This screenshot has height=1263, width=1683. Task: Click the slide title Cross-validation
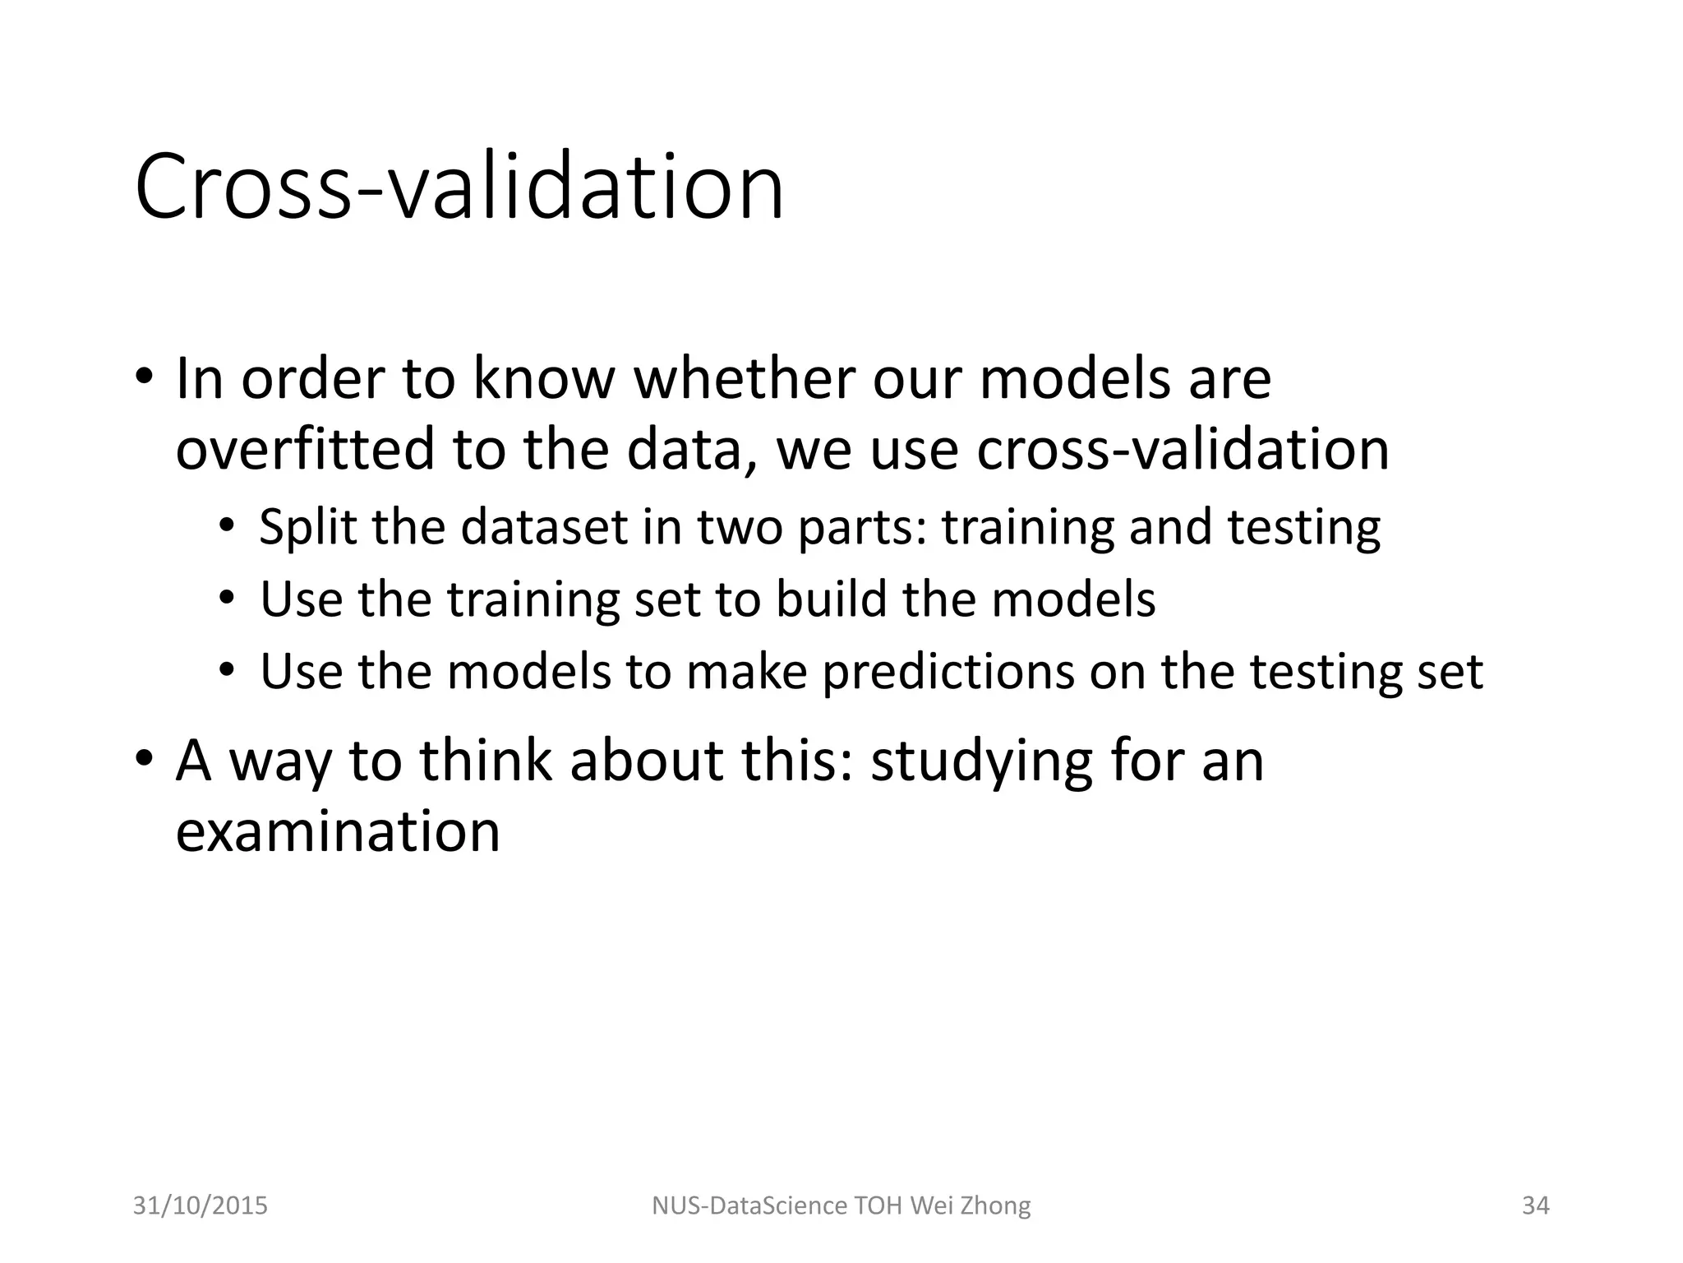459,187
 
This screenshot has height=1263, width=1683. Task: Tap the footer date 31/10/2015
200,1205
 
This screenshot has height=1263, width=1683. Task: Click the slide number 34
1535,1205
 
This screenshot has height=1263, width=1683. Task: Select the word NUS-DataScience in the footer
749,1205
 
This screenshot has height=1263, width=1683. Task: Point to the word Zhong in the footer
994,1205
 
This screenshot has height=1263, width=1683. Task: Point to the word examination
338,830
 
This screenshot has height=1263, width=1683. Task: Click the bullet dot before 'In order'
144,377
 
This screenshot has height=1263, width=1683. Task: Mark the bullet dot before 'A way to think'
144,758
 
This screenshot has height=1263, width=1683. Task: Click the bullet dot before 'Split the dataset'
227,525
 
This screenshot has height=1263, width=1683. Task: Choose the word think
486,761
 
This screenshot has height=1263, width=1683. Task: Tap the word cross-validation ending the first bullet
1183,450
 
